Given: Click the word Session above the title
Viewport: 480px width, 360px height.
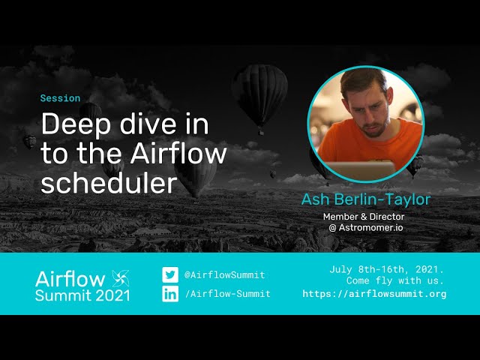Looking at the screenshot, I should [x=60, y=98].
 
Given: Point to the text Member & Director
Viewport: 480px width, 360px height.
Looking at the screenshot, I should [x=364, y=217].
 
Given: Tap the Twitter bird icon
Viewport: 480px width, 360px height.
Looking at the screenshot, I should [x=171, y=275].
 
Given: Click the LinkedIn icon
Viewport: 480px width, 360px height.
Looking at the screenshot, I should [x=171, y=293].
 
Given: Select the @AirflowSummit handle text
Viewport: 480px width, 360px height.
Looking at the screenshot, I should [x=224, y=275].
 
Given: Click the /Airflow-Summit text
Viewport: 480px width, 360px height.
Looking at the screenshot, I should [x=227, y=293].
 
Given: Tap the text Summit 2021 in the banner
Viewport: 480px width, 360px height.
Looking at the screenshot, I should [x=82, y=295].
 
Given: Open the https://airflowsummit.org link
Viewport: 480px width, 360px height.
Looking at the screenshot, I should [x=374, y=294].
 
